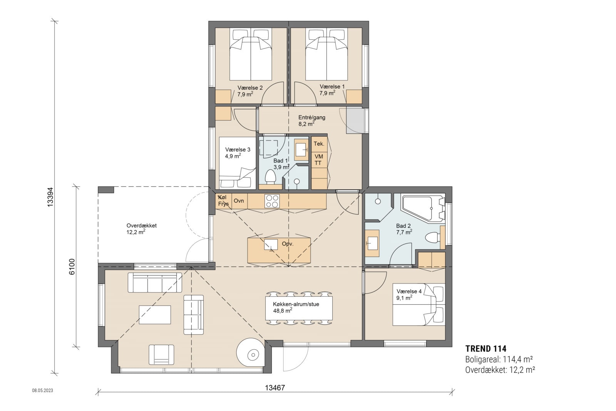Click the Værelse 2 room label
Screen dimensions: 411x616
(250, 91)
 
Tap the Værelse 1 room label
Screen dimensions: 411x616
(332, 90)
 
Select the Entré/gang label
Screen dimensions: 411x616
(311, 120)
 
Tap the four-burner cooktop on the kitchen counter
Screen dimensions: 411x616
(272, 200)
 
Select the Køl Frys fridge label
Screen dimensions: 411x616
(223, 201)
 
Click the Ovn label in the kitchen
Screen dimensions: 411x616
(239, 201)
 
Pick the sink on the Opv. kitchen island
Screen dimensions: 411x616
(271, 244)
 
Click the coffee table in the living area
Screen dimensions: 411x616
(155, 314)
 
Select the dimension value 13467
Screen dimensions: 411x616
(275, 388)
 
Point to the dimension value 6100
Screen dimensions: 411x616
(72, 267)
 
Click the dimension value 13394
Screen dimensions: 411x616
(50, 197)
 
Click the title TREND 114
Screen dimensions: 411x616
(485, 349)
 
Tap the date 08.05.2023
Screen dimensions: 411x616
(42, 390)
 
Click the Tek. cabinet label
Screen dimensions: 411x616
(319, 144)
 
